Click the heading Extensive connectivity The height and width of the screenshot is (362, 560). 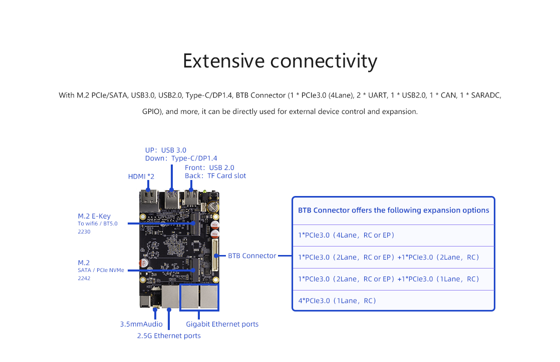coord(280,61)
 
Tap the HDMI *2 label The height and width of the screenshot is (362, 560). coord(141,176)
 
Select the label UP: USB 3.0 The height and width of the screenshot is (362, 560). coord(165,150)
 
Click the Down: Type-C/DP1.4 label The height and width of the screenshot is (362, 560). coord(181,158)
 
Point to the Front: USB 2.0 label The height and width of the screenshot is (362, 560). coord(209,167)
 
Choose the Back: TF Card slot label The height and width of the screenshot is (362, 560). coord(215,176)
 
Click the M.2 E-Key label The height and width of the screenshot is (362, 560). coord(94,216)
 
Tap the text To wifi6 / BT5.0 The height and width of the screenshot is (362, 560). coord(97,223)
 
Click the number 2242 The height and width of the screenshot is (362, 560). coord(84,278)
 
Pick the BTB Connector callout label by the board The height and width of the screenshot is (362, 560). coord(252,255)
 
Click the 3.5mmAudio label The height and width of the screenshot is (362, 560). coord(141,324)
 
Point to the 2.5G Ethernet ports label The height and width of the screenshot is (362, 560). coord(169,336)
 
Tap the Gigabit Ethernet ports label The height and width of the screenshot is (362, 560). coord(222,324)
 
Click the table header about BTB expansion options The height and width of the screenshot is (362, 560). coord(393,210)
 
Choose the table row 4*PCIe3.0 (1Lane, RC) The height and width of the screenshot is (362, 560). coord(337,300)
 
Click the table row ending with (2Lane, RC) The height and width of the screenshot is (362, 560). coord(388,257)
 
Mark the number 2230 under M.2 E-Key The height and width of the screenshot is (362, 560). coord(84,231)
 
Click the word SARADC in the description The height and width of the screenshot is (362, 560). coord(486,95)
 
